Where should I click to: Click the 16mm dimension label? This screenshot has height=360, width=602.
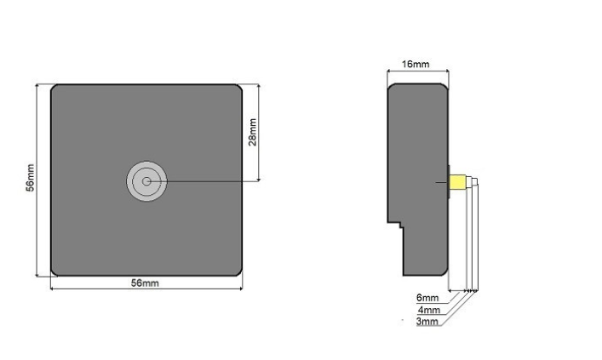(x=416, y=64)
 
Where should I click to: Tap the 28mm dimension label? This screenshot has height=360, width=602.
(x=252, y=133)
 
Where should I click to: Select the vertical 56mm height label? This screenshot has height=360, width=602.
(x=30, y=178)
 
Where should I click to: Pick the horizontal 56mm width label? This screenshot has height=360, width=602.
(x=145, y=283)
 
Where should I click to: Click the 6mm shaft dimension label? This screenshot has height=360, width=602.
(x=427, y=297)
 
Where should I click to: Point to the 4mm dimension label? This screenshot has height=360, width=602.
(x=429, y=310)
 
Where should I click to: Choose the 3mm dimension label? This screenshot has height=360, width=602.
(x=427, y=321)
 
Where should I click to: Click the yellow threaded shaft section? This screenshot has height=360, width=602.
(x=457, y=182)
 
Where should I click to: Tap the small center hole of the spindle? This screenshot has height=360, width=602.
(x=146, y=181)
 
